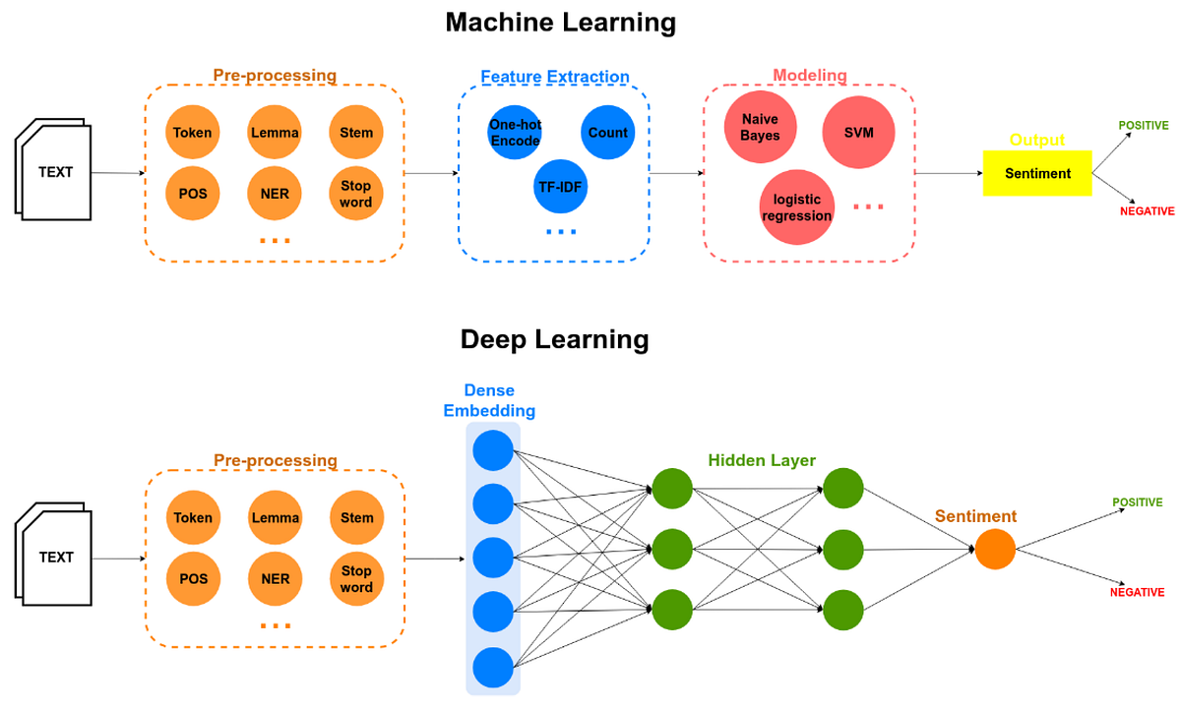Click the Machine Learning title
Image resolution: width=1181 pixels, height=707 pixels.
(x=560, y=22)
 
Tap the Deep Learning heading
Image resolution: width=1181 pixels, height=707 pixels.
(x=554, y=339)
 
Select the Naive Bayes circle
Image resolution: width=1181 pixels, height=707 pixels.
(x=760, y=128)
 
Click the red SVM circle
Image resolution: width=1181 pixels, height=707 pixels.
(x=858, y=132)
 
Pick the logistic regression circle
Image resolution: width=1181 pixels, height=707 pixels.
(x=796, y=207)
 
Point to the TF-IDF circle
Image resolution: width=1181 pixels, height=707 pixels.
(x=561, y=186)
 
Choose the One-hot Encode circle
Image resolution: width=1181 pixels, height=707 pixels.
(x=515, y=133)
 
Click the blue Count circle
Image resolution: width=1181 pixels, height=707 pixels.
(x=607, y=133)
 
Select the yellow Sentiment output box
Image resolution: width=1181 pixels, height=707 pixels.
(x=1037, y=173)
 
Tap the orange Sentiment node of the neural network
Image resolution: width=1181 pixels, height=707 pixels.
(x=995, y=550)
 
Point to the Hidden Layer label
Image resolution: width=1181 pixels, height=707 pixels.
(x=762, y=460)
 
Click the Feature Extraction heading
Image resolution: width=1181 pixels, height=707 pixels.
(x=554, y=77)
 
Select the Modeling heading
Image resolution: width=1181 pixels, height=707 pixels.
(x=809, y=76)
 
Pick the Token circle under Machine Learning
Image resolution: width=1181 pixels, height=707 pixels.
(x=193, y=133)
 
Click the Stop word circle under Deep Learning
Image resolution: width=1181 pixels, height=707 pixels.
(x=356, y=578)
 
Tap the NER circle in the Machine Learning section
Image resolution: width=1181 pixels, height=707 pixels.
(x=275, y=194)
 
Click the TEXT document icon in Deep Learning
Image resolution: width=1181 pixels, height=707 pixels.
(x=55, y=557)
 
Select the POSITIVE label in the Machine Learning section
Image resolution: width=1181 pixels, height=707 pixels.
(x=1143, y=126)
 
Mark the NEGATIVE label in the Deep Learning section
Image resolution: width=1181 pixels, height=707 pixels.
(x=1137, y=592)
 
